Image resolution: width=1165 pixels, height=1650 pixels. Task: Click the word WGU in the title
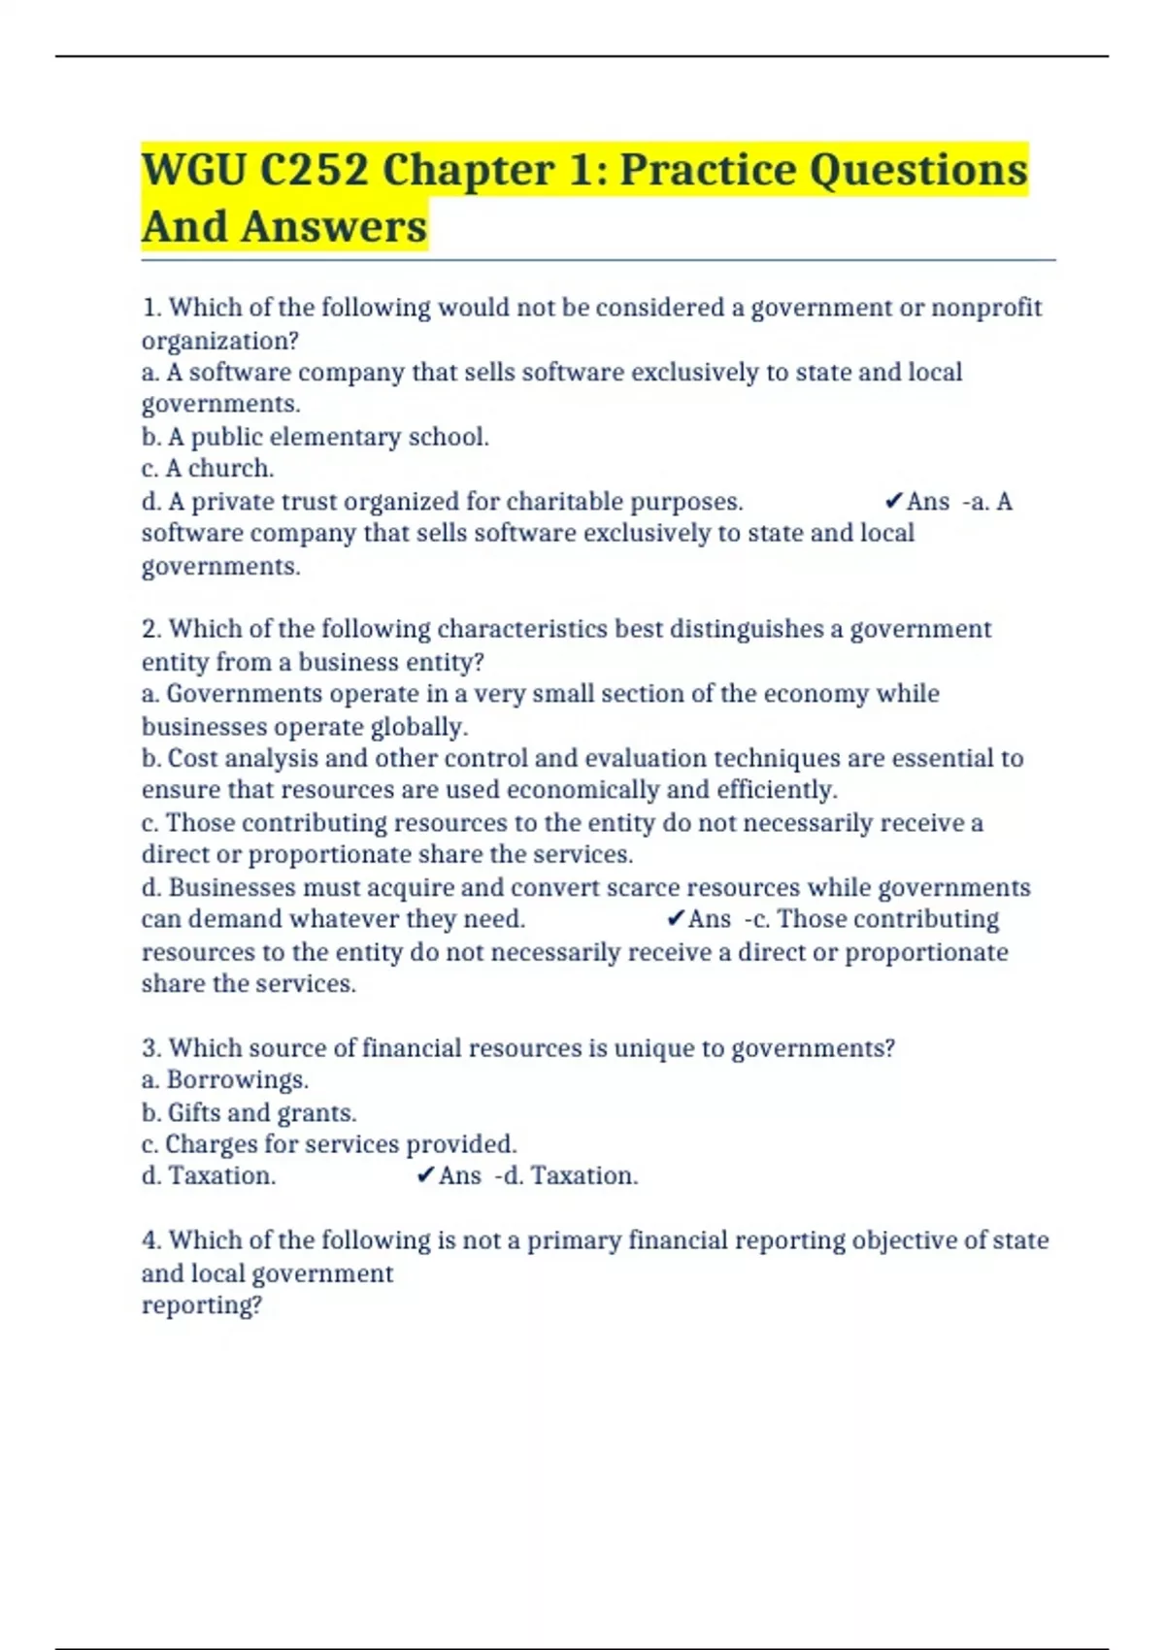(193, 170)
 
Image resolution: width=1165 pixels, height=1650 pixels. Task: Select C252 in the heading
(314, 170)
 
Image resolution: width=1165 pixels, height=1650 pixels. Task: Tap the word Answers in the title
(334, 226)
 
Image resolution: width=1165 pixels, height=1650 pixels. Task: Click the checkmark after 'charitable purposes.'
(894, 501)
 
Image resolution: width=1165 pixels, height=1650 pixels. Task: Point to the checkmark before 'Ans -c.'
(676, 918)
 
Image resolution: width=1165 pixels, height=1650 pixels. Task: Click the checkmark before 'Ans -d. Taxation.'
(425, 1175)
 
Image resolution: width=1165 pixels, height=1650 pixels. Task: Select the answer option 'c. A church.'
(208, 468)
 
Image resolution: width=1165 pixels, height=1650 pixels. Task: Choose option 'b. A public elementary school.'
(315, 437)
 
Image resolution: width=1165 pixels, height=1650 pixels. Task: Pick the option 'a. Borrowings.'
(225, 1079)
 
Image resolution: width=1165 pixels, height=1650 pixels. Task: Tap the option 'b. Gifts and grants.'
(249, 1112)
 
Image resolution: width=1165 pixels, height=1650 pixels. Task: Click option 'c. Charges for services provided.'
(329, 1143)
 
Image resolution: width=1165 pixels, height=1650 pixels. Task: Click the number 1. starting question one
(151, 308)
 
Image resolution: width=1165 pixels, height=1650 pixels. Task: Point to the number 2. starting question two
(151, 629)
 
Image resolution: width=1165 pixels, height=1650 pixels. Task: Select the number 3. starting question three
(151, 1048)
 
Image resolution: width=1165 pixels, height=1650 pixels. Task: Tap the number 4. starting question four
(151, 1240)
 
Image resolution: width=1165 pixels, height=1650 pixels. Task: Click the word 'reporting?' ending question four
(202, 1304)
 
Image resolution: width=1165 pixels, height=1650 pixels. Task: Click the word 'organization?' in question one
(220, 341)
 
